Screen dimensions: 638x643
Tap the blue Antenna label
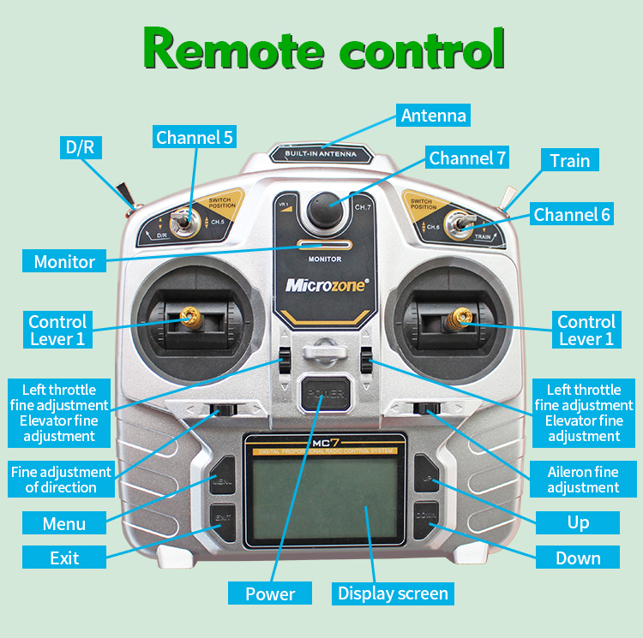(434, 116)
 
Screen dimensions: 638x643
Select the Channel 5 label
(195, 137)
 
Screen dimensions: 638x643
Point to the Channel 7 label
(467, 158)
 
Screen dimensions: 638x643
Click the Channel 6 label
(572, 214)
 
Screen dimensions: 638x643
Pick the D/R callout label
(81, 146)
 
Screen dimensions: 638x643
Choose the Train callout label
(569, 160)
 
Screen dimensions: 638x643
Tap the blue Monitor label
(64, 261)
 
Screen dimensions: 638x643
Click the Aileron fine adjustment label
(583, 480)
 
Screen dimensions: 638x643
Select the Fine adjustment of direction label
(61, 480)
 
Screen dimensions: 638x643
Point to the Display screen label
(393, 593)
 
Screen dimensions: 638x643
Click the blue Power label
(270, 593)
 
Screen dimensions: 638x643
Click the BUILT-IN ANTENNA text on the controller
(321, 155)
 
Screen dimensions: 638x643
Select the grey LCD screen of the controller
(321, 496)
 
